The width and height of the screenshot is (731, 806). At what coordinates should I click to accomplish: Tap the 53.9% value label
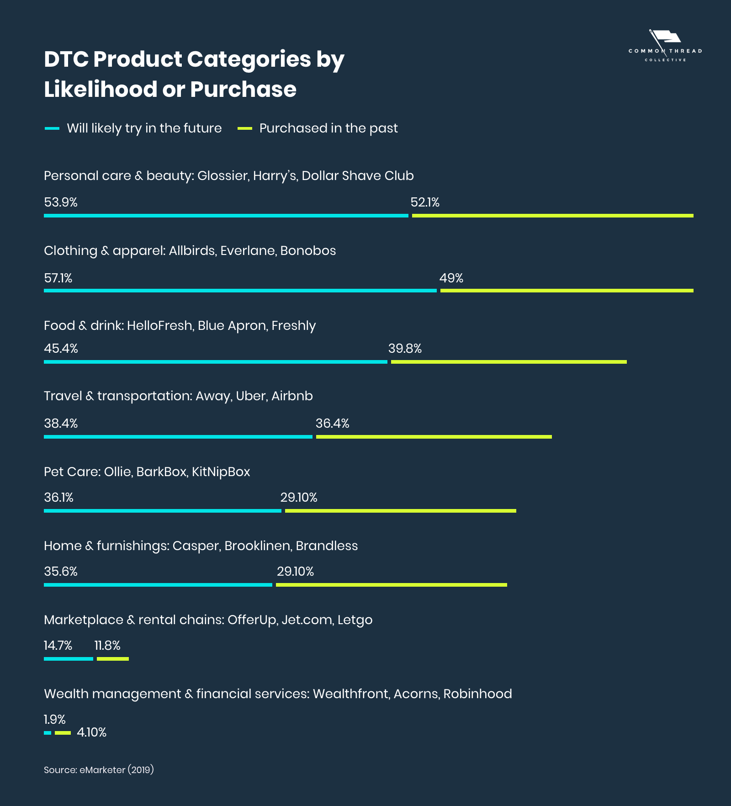(61, 202)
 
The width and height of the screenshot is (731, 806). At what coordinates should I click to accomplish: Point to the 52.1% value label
(425, 202)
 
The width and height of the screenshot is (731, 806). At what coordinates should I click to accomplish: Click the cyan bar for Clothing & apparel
(240, 291)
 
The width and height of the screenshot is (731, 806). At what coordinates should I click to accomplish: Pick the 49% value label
(451, 278)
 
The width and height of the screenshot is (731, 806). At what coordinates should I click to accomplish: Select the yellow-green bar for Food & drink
(509, 362)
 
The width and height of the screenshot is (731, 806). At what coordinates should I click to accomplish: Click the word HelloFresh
(159, 326)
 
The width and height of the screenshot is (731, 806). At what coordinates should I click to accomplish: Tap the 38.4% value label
(61, 424)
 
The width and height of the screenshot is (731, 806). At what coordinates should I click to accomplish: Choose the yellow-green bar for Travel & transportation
(434, 437)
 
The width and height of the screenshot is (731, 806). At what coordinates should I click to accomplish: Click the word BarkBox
(161, 472)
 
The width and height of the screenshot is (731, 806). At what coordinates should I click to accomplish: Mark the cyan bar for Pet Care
(162, 511)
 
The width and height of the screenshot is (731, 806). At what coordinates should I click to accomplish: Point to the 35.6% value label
(61, 572)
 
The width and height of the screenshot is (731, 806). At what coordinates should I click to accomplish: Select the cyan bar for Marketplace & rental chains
(69, 659)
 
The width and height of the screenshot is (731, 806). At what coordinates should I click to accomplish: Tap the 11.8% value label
(107, 646)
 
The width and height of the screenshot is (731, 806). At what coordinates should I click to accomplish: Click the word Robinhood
(477, 694)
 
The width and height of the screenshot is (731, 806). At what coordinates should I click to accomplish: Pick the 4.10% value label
(91, 732)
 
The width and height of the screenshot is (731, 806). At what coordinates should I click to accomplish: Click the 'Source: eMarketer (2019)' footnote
(99, 770)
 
